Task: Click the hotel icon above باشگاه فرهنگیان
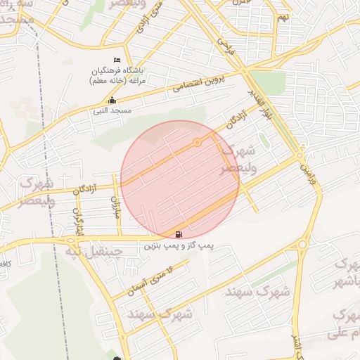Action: pos(117,60)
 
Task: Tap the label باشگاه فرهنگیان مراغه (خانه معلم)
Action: pos(117,76)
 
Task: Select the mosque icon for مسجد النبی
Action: pos(112,100)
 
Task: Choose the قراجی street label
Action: pos(224,47)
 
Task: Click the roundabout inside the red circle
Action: pos(198,143)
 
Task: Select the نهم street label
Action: pos(283,17)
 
